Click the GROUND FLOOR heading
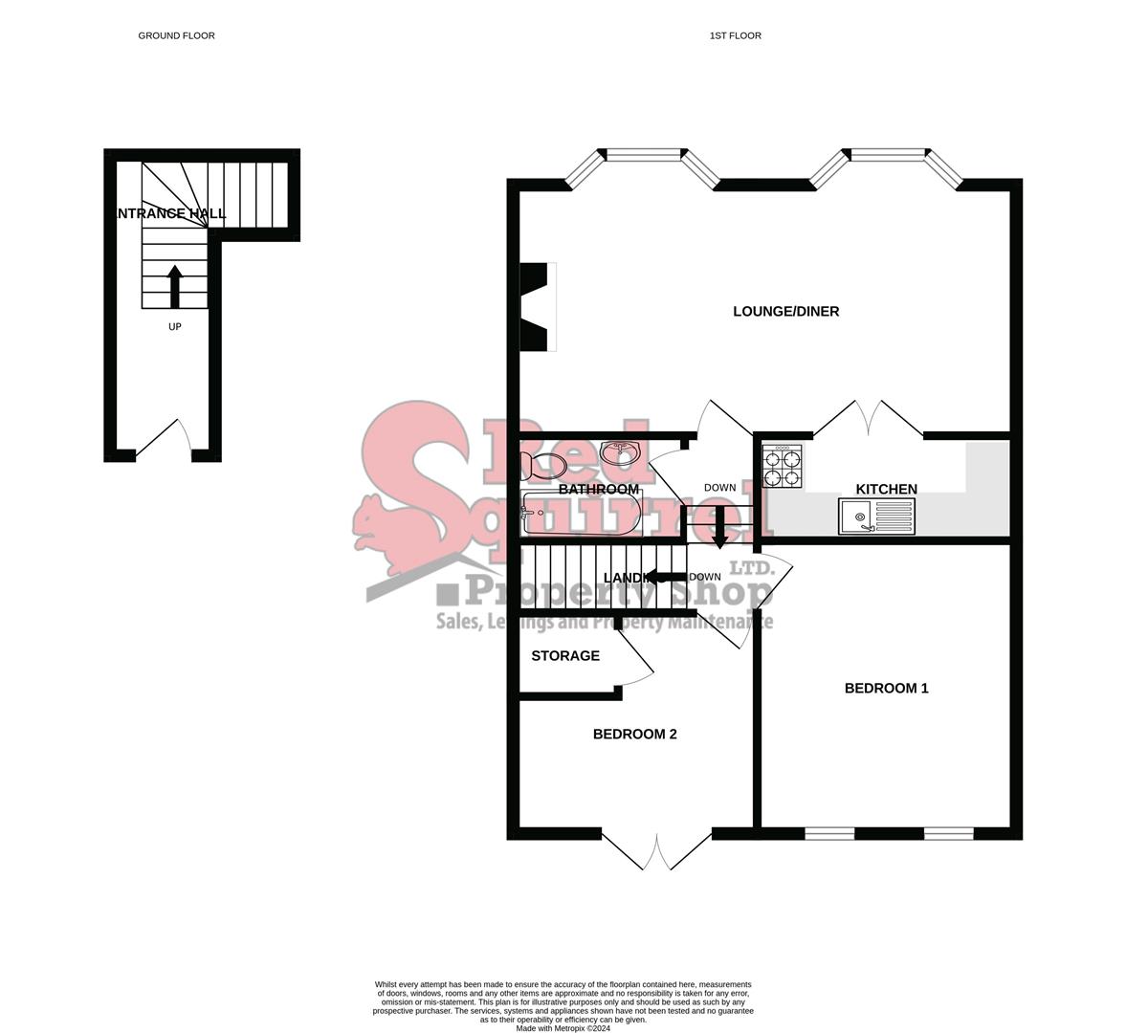click(176, 36)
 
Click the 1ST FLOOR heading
click(735, 36)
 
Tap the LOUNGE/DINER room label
click(785, 312)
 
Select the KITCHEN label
click(886, 490)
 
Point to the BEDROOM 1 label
click(886, 689)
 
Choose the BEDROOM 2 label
click(634, 735)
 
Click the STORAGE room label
click(565, 656)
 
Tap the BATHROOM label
click(598, 490)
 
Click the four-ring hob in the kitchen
click(783, 467)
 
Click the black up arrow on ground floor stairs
click(174, 285)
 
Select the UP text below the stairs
click(174, 327)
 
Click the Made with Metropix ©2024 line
click(563, 1028)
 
